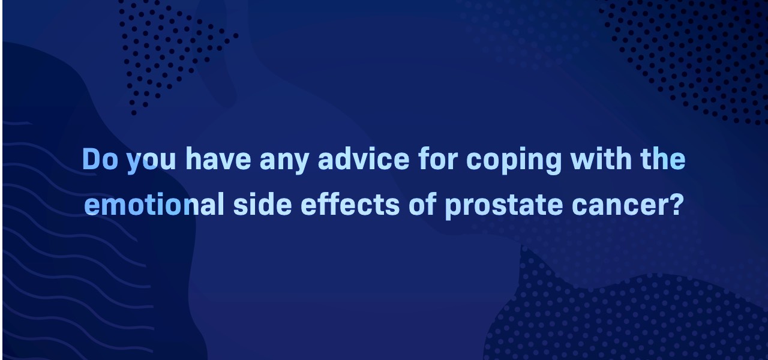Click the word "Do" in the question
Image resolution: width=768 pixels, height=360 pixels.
(x=100, y=159)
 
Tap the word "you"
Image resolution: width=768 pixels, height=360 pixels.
(x=151, y=162)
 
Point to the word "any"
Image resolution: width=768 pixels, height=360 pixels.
(x=284, y=162)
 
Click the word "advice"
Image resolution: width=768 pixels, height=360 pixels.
(x=364, y=159)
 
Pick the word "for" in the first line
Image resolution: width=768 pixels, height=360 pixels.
(x=438, y=159)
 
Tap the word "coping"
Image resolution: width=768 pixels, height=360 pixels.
(x=514, y=161)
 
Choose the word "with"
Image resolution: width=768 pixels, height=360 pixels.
(x=601, y=159)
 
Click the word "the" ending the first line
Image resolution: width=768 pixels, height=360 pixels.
(x=663, y=159)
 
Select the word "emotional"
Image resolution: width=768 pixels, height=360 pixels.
(x=154, y=205)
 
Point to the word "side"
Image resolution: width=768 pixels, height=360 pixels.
(x=262, y=205)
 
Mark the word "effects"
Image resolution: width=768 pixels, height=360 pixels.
(x=350, y=205)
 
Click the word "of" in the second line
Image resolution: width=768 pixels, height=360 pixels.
(x=422, y=205)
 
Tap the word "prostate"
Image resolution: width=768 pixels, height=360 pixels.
(x=504, y=206)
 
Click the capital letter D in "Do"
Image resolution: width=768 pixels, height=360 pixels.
(x=91, y=159)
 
